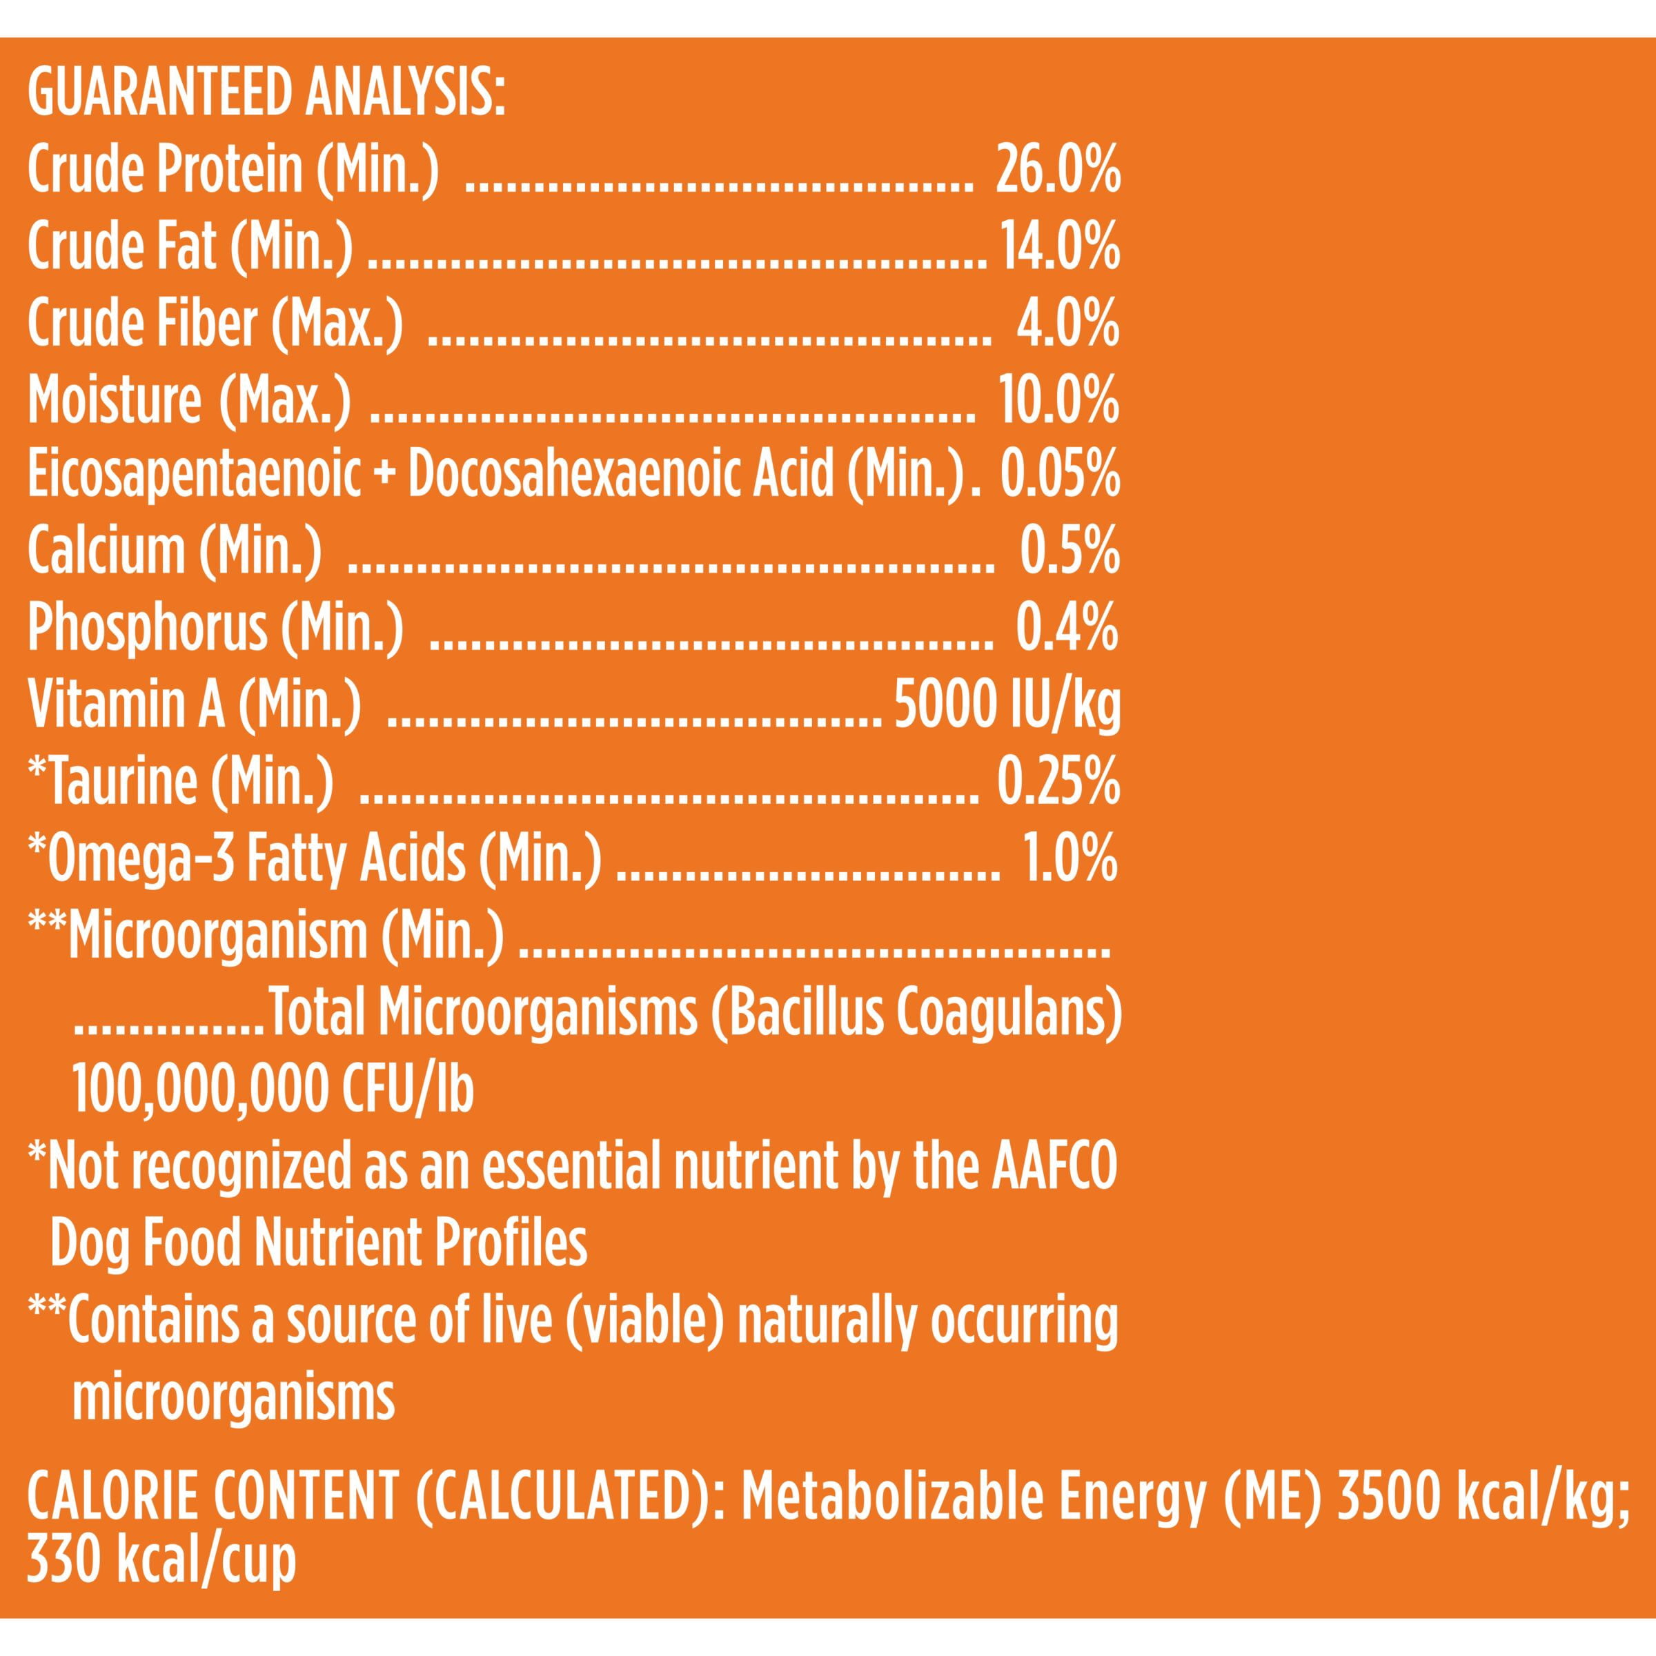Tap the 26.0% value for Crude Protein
tap(1058, 171)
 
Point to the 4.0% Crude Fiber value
tap(1068, 324)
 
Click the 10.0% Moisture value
tap(1059, 400)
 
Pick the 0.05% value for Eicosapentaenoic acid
tap(1061, 475)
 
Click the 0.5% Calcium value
tap(1069, 552)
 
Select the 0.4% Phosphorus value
tap(1068, 629)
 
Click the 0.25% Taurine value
tap(1058, 781)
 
